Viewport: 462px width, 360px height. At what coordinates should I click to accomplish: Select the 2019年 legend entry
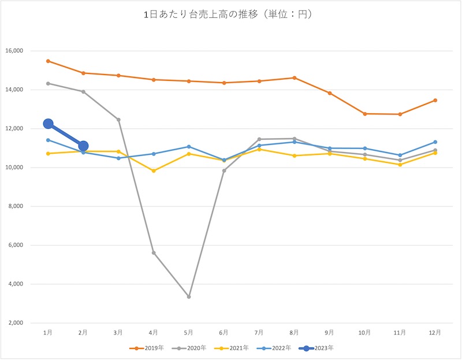pyautogui.click(x=145, y=348)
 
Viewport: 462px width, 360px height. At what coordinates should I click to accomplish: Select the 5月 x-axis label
pyautogui.click(x=188, y=332)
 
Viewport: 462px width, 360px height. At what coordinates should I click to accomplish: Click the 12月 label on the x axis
pyautogui.click(x=435, y=332)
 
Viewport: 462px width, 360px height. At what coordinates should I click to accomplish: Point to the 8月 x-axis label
pyautogui.click(x=294, y=332)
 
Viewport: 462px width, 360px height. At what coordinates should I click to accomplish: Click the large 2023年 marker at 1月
pyautogui.click(x=49, y=124)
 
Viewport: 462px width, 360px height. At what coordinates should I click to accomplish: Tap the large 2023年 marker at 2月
pyautogui.click(x=83, y=146)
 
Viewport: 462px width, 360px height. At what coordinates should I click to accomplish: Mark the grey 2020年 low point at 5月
pyautogui.click(x=189, y=296)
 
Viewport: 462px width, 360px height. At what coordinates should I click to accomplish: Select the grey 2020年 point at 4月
pyautogui.click(x=154, y=253)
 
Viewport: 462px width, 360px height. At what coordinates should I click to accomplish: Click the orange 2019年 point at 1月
pyautogui.click(x=48, y=61)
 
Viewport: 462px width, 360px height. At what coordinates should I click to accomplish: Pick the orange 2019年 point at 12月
pyautogui.click(x=435, y=100)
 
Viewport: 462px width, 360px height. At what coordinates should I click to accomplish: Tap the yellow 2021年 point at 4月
pyautogui.click(x=154, y=170)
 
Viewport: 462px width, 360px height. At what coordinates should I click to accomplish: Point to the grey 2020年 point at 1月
pyautogui.click(x=48, y=83)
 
